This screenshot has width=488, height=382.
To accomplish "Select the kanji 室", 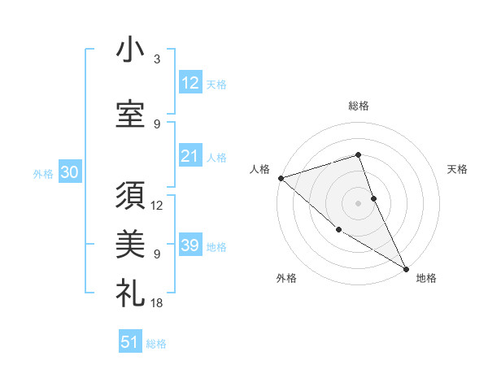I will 130,114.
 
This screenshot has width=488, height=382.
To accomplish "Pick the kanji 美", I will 130,243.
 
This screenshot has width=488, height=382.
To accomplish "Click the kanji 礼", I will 130,291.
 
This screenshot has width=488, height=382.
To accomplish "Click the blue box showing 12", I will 190,83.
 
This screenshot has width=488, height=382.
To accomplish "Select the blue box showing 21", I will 190,156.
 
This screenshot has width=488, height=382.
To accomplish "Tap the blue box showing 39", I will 190,245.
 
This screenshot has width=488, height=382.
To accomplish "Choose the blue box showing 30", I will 69,172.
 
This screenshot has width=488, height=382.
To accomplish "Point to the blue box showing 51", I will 130,342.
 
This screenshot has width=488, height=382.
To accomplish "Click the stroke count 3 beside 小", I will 156,59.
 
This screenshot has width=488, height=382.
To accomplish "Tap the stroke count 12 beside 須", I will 157,206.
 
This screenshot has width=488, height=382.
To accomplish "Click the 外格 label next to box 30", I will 43,173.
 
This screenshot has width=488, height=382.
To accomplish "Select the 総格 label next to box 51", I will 156,344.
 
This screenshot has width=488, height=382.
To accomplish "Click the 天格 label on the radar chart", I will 457,169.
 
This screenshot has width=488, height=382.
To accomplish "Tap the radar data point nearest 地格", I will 406,268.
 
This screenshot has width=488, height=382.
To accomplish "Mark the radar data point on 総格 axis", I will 358,154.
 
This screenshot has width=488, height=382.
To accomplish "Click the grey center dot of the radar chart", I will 358,202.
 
